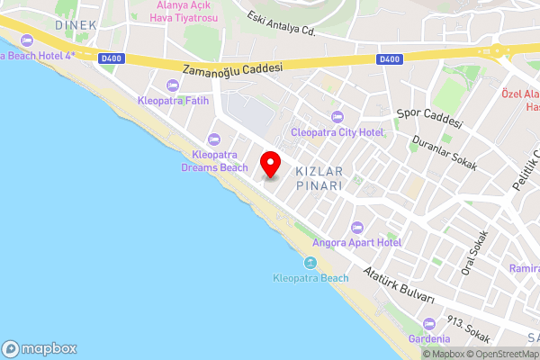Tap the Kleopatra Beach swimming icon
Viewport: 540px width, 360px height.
pos(310,263)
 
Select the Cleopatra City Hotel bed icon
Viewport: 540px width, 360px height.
pos(337,116)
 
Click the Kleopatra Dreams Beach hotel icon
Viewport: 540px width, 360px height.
pos(213,139)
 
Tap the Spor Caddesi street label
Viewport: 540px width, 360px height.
pos(429,118)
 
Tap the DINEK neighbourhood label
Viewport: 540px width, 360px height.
pos(74,25)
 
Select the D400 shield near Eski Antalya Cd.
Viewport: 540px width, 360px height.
pos(389,59)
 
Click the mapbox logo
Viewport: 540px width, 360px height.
pos(40,348)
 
